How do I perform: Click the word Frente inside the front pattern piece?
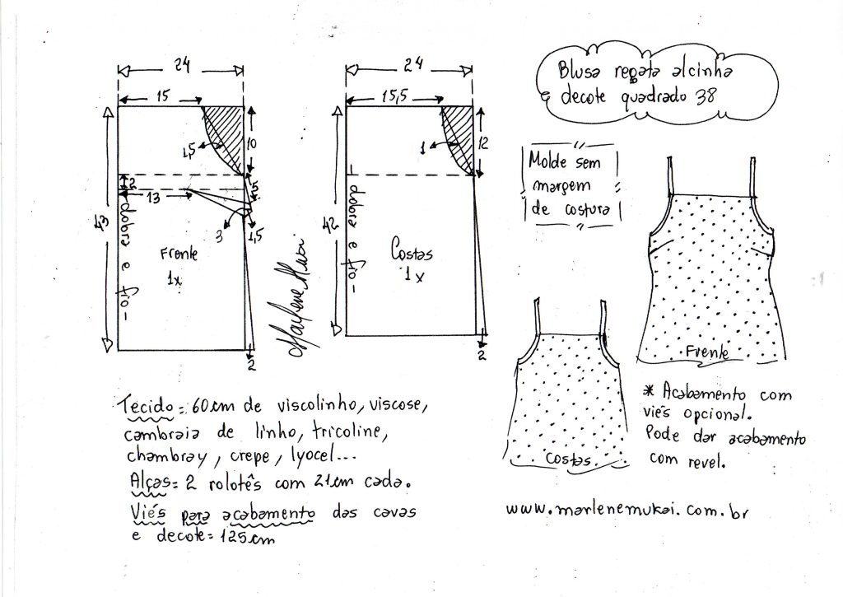pyautogui.click(x=179, y=253)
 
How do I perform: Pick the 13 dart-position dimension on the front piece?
pyautogui.click(x=153, y=198)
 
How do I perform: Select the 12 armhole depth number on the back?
pyautogui.click(x=483, y=143)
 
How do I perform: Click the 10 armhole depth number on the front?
pyautogui.click(x=251, y=143)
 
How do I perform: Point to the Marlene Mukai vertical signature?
pyautogui.click(x=297, y=297)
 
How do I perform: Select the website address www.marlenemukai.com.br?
pyautogui.click(x=626, y=510)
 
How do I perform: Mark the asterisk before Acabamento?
pyautogui.click(x=650, y=390)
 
